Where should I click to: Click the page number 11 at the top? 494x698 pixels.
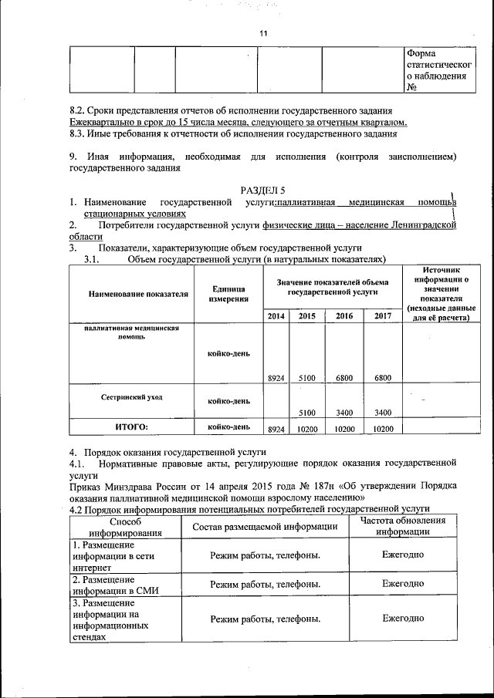(262, 34)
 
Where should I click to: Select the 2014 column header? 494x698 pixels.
(276, 316)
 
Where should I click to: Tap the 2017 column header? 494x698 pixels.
(382, 316)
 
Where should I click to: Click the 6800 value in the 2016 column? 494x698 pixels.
(344, 378)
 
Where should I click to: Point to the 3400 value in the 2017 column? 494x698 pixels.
(382, 412)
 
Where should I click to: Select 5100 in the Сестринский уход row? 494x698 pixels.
(307, 412)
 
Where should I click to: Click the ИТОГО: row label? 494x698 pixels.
(131, 426)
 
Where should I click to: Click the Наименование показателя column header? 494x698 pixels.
(137, 294)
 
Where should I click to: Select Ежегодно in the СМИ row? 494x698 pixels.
(402, 584)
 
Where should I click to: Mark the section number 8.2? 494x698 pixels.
(79, 110)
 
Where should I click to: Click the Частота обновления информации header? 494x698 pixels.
(402, 525)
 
